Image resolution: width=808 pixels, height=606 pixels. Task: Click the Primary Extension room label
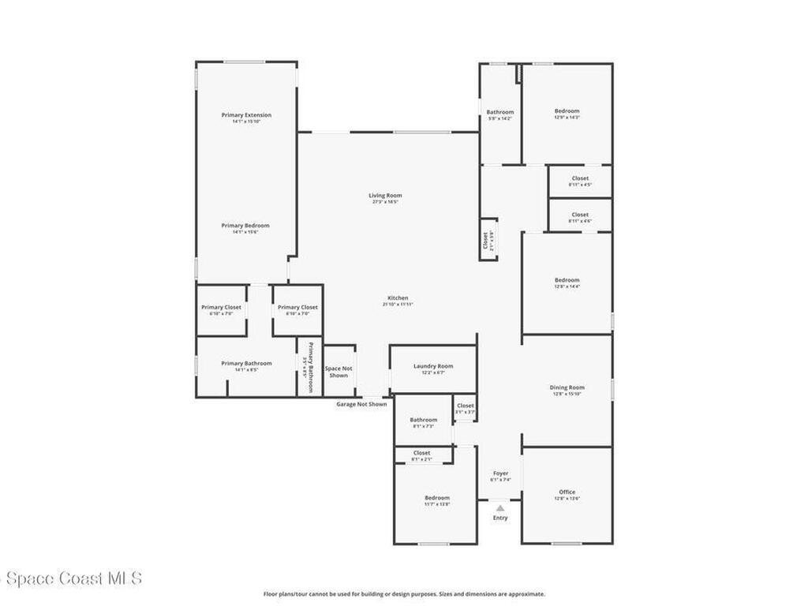(246, 115)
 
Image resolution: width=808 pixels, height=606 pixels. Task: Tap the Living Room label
(385, 196)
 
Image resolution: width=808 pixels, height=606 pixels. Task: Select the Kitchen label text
(398, 298)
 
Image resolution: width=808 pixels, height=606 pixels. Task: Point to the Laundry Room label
(433, 366)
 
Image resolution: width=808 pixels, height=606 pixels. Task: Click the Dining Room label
(567, 387)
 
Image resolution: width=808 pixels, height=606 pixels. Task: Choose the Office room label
(567, 492)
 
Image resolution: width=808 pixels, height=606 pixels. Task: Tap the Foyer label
(500, 473)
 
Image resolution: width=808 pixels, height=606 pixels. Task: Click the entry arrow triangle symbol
(500, 508)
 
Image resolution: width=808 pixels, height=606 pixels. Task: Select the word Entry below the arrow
(500, 518)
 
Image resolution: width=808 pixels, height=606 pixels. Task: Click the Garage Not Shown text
(361, 404)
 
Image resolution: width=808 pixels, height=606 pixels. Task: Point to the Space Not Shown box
(339, 372)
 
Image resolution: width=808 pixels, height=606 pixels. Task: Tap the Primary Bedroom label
(245, 226)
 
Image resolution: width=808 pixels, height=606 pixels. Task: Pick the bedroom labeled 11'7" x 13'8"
(436, 498)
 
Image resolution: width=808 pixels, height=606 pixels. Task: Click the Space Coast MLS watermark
(71, 578)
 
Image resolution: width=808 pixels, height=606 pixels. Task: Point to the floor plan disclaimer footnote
(403, 594)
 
